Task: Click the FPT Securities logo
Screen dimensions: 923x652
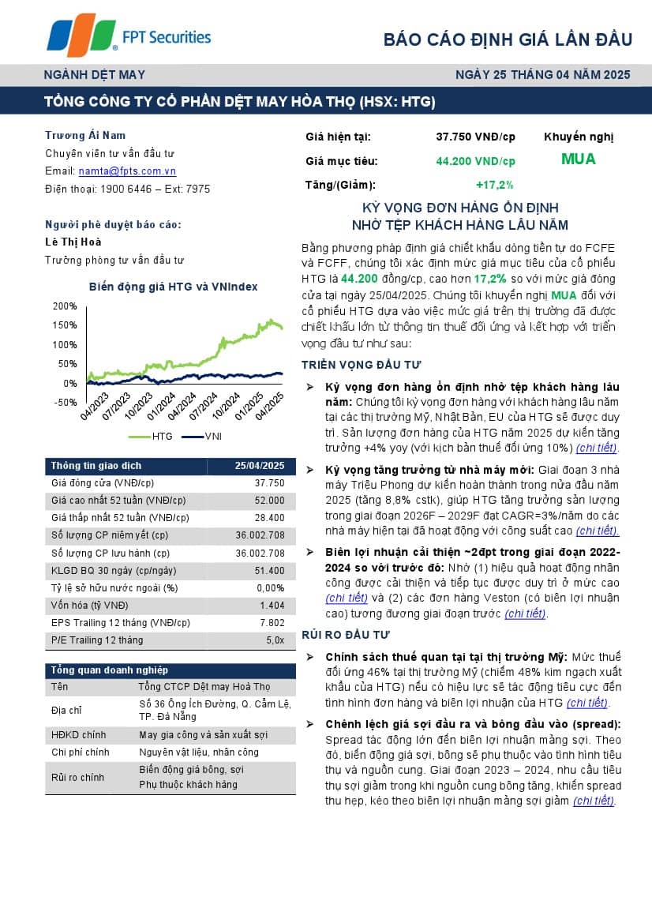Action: [129, 36]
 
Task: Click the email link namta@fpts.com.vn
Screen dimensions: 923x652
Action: [127, 171]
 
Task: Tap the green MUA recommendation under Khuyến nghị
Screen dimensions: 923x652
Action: [579, 159]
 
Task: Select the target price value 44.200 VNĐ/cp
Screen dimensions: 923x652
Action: [475, 161]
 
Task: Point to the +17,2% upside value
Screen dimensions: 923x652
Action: [495, 185]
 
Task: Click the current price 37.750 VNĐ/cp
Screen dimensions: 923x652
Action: [475, 137]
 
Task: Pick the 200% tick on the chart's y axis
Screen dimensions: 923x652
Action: [65, 306]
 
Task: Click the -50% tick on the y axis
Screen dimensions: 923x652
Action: [66, 403]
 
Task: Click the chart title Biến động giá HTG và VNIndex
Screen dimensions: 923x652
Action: [173, 287]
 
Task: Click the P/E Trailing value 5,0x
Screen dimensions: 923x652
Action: [275, 640]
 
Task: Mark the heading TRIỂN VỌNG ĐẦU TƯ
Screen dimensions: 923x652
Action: [362, 365]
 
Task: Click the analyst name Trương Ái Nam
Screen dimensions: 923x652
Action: [85, 136]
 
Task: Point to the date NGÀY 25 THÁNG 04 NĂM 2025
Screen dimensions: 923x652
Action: [543, 75]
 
